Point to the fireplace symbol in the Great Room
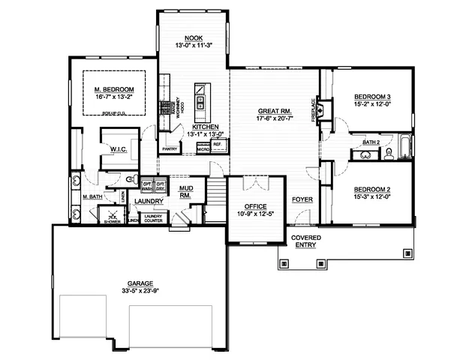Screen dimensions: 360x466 (x=320, y=112)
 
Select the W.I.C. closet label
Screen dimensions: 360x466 (x=117, y=149)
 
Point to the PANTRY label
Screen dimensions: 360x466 (x=170, y=148)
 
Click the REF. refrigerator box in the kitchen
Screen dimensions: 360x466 (x=217, y=144)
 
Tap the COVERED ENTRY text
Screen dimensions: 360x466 (x=305, y=241)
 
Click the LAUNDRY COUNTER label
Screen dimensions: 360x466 (x=153, y=219)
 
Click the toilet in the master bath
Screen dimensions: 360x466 (x=131, y=180)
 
